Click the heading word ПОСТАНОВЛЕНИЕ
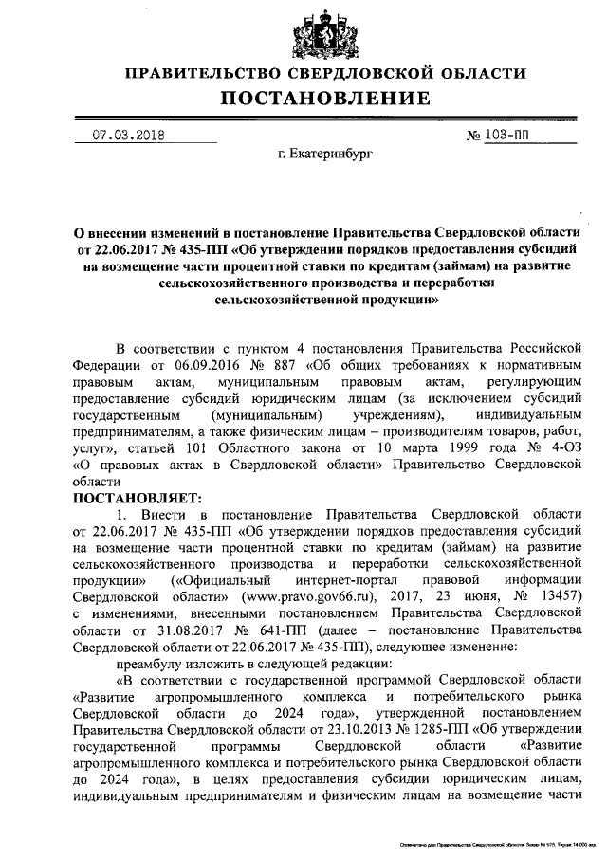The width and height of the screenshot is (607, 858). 326,98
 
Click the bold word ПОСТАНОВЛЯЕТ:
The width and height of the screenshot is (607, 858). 132,496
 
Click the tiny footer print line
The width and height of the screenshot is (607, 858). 492,841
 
